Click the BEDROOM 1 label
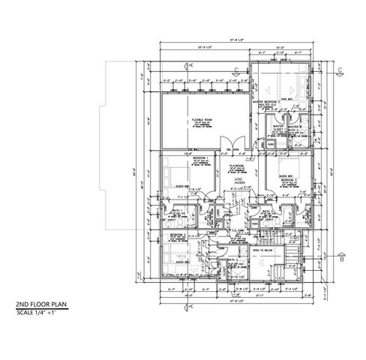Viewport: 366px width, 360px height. point(179,158)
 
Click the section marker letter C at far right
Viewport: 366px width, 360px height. point(340,69)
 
